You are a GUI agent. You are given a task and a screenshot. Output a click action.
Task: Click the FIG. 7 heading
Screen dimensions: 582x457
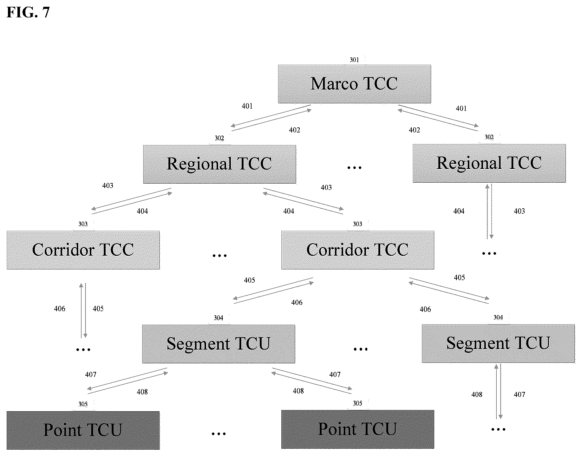point(28,12)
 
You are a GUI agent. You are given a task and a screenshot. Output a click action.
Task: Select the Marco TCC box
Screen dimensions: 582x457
point(354,84)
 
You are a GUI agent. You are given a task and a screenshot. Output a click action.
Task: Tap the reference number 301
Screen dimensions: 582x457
point(354,60)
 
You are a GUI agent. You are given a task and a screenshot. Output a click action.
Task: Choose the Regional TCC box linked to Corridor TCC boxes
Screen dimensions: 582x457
point(219,165)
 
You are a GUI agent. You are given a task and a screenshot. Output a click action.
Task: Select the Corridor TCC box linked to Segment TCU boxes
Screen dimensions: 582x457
point(357,250)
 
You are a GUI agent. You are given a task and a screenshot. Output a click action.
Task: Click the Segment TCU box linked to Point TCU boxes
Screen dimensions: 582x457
point(219,344)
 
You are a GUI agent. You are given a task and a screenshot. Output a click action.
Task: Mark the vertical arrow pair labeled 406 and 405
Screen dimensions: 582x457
point(83,311)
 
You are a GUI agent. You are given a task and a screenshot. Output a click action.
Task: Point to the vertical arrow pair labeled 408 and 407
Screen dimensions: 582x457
point(499,392)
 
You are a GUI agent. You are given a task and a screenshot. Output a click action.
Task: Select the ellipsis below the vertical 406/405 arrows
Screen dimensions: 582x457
point(83,350)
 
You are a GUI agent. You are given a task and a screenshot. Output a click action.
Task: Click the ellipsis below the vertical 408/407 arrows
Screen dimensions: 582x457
point(498,430)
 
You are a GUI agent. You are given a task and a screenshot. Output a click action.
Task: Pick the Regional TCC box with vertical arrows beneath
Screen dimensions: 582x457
point(489,164)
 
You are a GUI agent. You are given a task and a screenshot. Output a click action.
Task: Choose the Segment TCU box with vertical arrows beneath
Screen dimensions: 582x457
point(498,343)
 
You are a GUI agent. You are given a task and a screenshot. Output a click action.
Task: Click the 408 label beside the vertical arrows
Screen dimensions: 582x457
point(477,394)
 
